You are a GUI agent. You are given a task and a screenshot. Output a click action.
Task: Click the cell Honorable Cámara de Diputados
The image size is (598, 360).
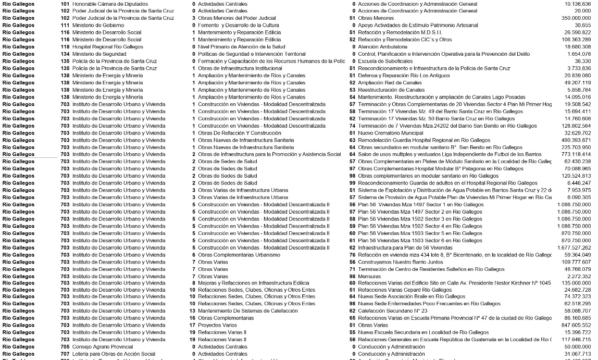(110, 4)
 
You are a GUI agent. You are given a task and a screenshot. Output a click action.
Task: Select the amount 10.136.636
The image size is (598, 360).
(577, 4)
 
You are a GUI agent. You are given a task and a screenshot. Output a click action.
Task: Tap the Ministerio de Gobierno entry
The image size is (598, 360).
(98, 25)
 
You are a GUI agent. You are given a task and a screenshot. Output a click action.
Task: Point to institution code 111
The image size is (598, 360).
(65, 25)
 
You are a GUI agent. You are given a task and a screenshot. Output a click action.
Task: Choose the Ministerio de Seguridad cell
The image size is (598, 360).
(100, 54)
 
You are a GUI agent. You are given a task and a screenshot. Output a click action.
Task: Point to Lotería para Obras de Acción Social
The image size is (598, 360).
(114, 354)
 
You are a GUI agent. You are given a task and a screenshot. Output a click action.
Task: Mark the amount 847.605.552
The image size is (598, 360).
(575, 325)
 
